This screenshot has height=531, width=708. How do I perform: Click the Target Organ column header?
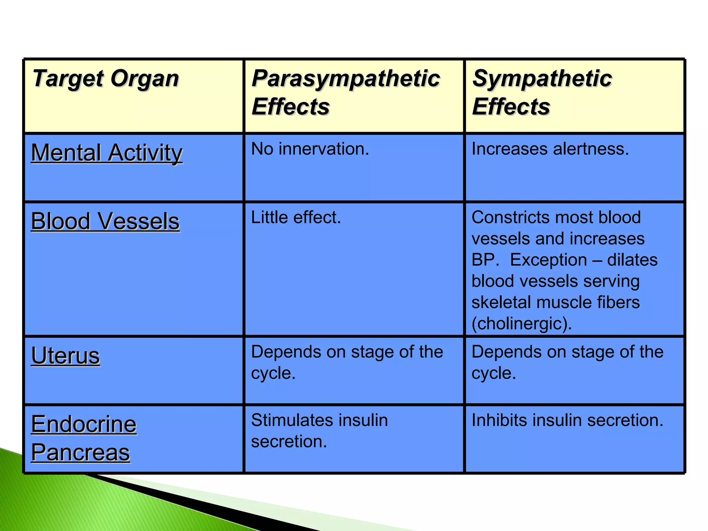(x=105, y=79)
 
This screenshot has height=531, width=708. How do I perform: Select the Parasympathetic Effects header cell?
(x=346, y=92)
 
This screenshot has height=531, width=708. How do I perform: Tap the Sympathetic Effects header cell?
(x=542, y=92)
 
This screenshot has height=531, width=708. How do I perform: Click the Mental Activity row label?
(x=107, y=153)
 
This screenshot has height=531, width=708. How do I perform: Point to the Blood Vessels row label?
(x=105, y=221)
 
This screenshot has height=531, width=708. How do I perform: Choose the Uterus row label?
(x=66, y=356)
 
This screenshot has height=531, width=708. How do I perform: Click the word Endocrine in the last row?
(x=84, y=424)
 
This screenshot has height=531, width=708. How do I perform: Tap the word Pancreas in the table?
(x=81, y=453)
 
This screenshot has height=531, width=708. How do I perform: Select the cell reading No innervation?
(x=310, y=149)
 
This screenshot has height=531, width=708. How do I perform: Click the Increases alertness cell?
(x=550, y=149)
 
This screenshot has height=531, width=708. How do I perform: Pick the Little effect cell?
(x=296, y=218)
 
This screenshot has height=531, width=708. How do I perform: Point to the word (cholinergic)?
(x=522, y=324)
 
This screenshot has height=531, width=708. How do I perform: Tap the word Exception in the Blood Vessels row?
(x=548, y=260)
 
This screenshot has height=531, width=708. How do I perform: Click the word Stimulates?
(x=292, y=421)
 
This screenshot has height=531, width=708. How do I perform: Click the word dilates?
(x=632, y=260)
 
